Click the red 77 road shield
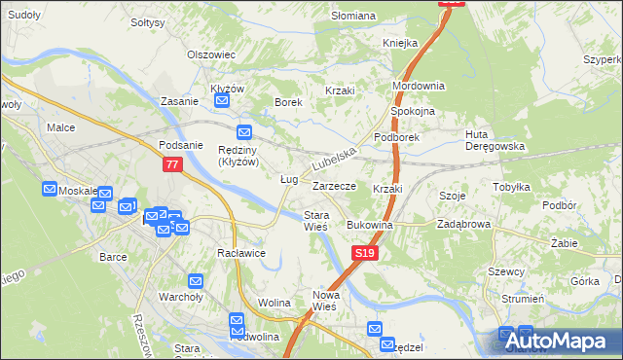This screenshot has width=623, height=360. point(172,165)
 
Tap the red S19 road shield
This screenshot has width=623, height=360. point(363,253)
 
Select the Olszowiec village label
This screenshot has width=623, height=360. point(212,54)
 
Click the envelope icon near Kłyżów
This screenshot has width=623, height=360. point(222,100)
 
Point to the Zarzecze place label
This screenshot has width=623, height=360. point(334,185)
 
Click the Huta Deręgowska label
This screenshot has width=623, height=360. point(495,140)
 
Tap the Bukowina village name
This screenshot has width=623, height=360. point(370,225)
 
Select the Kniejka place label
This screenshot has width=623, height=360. point(400,43)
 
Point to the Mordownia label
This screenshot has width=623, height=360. point(419,86)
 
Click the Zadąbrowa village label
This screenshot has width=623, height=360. point(464,224)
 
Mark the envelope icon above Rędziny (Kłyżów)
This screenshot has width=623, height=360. point(243,132)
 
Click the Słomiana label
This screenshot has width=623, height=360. point(353,16)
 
